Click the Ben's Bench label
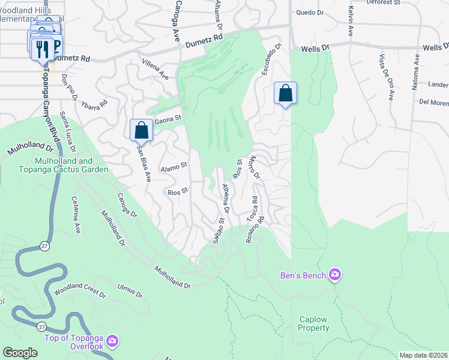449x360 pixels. click(303, 275)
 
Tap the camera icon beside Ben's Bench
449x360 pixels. click(334, 275)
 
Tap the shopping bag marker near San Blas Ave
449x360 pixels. click(141, 129)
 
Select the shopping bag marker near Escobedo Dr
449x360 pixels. click(285, 93)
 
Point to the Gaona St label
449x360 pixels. click(168, 119)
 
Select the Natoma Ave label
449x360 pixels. click(415, 72)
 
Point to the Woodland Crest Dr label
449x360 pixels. click(79, 294)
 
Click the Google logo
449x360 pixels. click(20, 353)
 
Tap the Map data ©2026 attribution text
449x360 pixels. click(423, 355)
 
